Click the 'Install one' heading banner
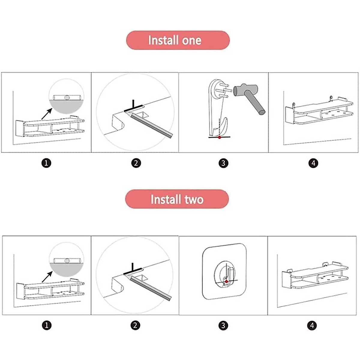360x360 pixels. point(178,40)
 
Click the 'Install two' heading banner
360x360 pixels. point(177,199)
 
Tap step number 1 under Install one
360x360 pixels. point(46,163)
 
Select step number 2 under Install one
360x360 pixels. point(136,163)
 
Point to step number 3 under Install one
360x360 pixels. point(223,163)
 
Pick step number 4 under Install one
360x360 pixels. point(313,163)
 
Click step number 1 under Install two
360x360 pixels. point(47,325)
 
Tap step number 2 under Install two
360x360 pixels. point(135,325)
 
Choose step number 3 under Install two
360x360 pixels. point(223,325)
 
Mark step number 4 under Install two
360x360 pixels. point(312,325)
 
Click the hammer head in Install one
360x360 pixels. point(245,89)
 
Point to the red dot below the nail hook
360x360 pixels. point(220,137)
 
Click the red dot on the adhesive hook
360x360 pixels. point(226,281)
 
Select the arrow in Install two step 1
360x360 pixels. point(47,277)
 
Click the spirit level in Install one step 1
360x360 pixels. point(66,97)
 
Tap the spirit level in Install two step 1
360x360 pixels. point(67,261)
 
